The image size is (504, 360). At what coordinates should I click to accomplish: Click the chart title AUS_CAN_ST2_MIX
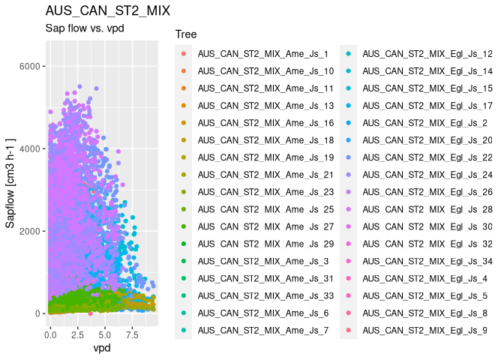(x=107, y=11)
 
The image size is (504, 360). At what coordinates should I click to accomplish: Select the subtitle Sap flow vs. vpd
(x=84, y=29)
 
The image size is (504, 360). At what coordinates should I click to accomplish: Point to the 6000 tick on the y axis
(x=27, y=67)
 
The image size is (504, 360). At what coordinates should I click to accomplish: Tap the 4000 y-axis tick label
(x=27, y=148)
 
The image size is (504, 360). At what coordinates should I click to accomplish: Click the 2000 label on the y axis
(x=27, y=231)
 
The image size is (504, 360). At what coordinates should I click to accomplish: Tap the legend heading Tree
(x=185, y=34)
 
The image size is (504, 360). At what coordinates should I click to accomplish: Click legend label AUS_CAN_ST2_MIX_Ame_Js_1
(x=262, y=54)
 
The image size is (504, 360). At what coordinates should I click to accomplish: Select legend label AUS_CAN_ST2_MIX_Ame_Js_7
(x=262, y=330)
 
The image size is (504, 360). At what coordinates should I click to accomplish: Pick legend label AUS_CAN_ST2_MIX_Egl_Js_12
(x=427, y=54)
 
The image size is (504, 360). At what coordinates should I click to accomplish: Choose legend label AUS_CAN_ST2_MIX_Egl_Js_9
(x=424, y=330)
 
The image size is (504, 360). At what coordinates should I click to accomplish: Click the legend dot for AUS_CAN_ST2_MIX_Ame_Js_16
(x=183, y=123)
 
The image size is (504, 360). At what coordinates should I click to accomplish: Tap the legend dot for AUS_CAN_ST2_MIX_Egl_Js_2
(x=348, y=123)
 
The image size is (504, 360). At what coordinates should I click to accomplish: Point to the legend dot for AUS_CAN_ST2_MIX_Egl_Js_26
(x=348, y=192)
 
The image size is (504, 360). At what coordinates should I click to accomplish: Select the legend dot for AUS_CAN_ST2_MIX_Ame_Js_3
(x=183, y=261)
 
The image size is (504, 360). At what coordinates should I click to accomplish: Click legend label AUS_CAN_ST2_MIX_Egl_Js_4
(x=424, y=278)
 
